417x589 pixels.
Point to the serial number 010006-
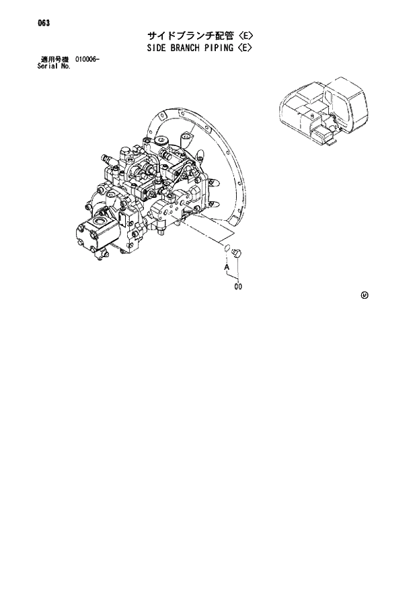pyautogui.click(x=88, y=61)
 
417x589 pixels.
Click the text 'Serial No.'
pyautogui.click(x=54, y=67)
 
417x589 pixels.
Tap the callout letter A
pyautogui.click(x=227, y=267)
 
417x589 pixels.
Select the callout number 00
pyautogui.click(x=238, y=287)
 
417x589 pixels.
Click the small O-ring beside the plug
pyautogui.click(x=228, y=250)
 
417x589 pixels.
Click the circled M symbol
pyautogui.click(x=365, y=294)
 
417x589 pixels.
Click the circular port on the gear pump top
pyautogui.click(x=102, y=221)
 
